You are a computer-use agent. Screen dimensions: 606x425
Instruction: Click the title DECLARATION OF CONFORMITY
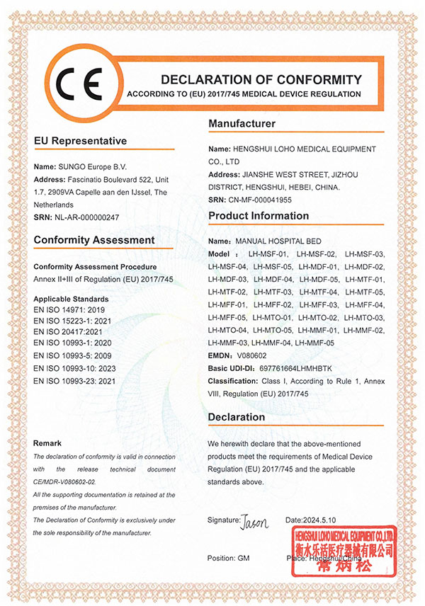261,79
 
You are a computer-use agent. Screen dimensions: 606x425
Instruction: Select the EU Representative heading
80,141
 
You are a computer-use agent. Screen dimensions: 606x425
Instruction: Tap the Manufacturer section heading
242,124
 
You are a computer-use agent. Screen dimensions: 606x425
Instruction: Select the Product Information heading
259,216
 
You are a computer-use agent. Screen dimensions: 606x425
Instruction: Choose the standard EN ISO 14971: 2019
69,311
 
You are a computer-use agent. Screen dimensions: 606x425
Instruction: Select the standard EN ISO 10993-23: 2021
74,381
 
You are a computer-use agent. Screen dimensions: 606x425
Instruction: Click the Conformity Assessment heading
94,240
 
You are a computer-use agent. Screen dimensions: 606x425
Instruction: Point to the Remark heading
52,443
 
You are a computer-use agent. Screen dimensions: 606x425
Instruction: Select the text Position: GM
229,559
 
